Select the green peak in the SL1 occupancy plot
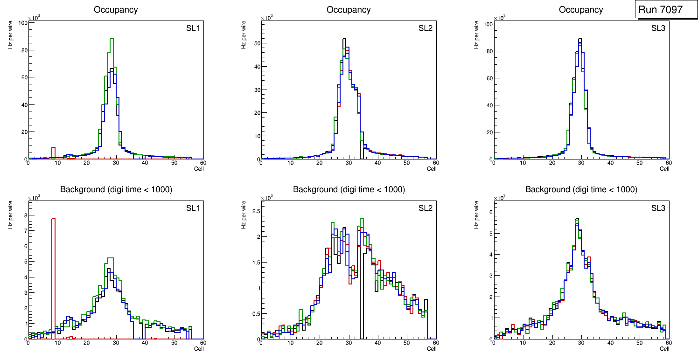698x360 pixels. click(112, 40)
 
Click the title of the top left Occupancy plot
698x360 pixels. click(115, 9)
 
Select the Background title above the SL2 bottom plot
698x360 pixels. click(349, 189)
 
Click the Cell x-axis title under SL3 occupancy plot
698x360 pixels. click(664, 169)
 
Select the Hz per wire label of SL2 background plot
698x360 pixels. click(244, 214)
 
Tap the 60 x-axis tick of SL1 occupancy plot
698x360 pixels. click(203, 163)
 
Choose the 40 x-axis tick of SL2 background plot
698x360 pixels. click(377, 343)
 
